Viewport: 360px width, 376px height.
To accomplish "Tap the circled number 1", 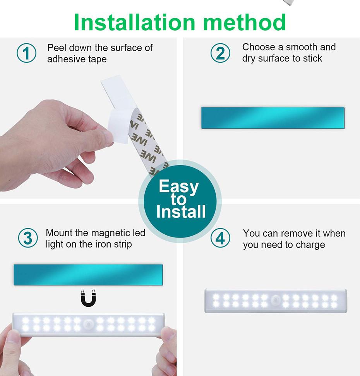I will point(26,53).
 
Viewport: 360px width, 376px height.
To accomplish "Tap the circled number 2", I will point(220,53).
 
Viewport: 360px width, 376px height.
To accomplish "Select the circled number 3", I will point(28,238).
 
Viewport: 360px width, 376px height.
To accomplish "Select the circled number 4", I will point(220,238).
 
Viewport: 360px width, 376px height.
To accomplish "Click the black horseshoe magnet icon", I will point(88,298).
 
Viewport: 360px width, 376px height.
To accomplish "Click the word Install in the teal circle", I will point(181,212).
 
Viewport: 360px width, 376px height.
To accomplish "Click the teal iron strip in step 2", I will point(273,118).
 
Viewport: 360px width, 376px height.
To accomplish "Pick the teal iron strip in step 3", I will point(88,275).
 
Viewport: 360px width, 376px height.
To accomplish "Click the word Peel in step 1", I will point(56,48).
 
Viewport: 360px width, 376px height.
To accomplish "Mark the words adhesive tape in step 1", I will point(77,59).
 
